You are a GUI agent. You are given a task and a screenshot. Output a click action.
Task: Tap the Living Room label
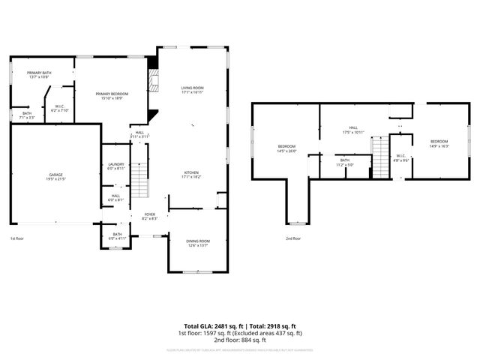tap(192, 90)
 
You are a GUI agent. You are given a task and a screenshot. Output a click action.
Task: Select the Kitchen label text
tap(192, 175)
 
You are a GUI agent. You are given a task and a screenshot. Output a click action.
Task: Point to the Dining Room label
tap(196, 242)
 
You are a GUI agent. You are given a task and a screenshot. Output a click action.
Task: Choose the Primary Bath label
tap(38, 74)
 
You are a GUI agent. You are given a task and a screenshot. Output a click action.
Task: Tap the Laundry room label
tap(115, 166)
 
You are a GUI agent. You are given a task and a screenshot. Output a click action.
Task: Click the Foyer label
tap(150, 216)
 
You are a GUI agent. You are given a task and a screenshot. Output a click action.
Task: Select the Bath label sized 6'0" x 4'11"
tap(117, 236)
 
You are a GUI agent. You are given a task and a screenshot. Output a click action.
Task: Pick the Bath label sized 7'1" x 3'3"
tap(27, 115)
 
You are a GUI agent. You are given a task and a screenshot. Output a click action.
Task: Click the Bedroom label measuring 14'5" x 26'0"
tap(286, 148)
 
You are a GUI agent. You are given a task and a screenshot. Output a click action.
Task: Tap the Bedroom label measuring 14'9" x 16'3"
tap(439, 143)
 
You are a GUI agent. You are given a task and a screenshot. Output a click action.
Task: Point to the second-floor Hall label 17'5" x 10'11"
tap(352, 130)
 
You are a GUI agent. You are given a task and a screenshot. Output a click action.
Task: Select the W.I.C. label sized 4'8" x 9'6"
tap(402, 157)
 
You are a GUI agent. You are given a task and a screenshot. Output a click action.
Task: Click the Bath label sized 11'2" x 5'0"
tap(344, 162)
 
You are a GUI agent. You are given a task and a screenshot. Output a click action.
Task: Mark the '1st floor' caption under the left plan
tap(17, 238)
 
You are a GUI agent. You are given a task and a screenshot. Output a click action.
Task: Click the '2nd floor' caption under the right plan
tap(292, 238)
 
